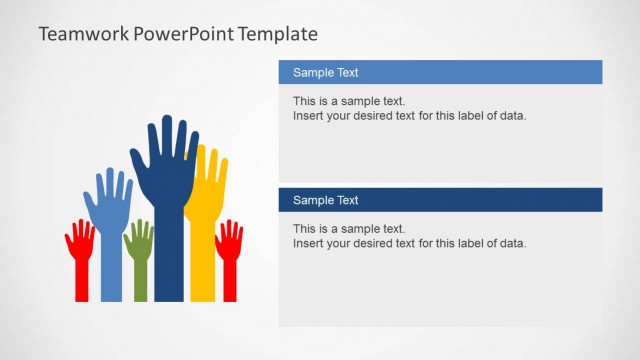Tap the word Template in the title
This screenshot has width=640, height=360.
tap(279, 34)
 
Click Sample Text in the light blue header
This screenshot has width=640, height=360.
tap(325, 72)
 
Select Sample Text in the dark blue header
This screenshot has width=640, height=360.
tap(325, 200)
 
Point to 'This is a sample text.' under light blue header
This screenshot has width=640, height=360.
tap(349, 101)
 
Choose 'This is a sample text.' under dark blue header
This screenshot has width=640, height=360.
tap(349, 229)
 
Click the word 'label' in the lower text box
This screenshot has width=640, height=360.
tap(468, 243)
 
